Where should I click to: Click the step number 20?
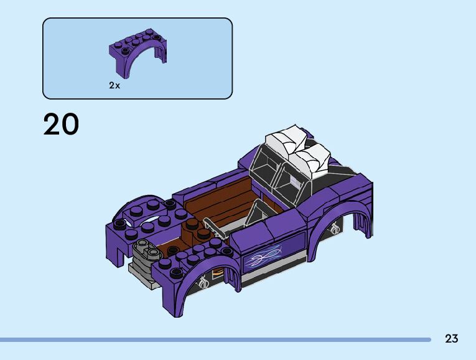tap(61, 124)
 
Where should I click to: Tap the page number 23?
tap(451, 338)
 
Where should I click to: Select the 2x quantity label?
tap(114, 86)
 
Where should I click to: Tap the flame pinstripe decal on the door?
tap(263, 255)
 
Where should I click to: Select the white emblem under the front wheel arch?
tap(202, 283)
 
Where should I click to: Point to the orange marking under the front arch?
tap(217, 273)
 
